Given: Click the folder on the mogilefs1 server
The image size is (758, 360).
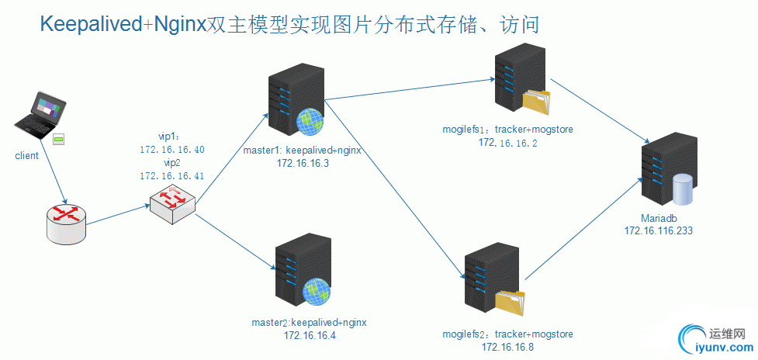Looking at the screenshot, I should coord(535,102).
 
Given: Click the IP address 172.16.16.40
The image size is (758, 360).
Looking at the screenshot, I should coord(172,149).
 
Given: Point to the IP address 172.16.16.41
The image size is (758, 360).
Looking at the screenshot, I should coord(172,176).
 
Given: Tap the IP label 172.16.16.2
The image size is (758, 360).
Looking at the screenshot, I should coord(507,142).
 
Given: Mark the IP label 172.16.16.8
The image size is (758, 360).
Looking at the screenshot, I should coord(507,347).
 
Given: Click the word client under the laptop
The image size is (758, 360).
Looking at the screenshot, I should coord(26,156).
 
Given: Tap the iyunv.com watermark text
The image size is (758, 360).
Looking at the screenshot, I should coord(717,348).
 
